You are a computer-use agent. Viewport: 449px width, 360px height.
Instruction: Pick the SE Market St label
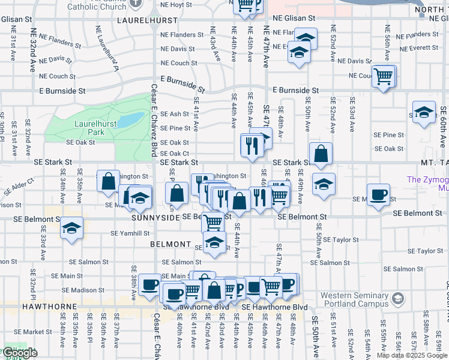[35, 331]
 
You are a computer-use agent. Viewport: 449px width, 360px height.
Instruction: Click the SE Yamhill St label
[130, 233]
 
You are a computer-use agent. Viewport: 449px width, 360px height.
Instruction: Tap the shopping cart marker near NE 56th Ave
[383, 76]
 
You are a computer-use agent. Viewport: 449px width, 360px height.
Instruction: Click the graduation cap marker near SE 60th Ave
[423, 112]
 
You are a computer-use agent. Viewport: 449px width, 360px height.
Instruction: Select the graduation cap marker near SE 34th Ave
[71, 228]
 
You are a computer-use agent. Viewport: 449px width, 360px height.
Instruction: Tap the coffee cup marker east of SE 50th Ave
[378, 194]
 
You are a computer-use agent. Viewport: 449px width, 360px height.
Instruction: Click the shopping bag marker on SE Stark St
[321, 154]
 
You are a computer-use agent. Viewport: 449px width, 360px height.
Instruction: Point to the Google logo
[20, 353]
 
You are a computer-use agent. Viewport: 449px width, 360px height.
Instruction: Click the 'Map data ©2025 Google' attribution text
[412, 355]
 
